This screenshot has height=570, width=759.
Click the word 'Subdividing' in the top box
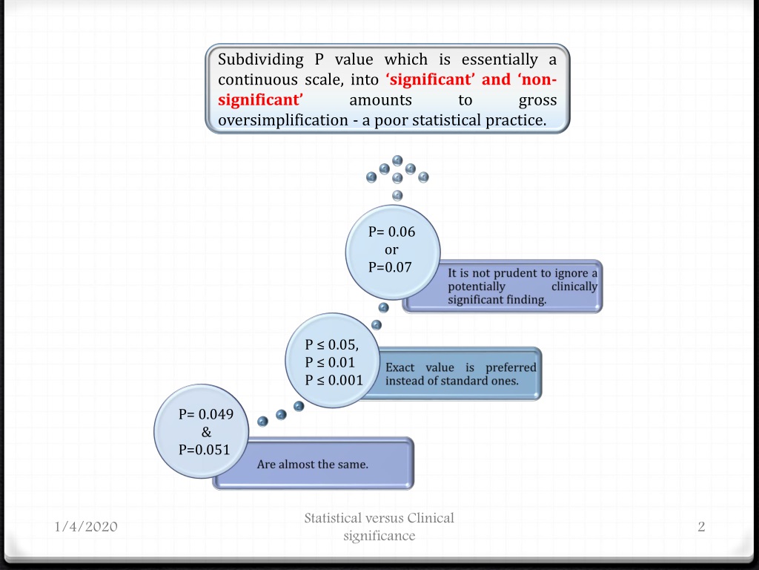click(261, 60)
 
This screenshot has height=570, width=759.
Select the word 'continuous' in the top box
click(257, 80)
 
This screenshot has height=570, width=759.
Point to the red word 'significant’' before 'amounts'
click(260, 100)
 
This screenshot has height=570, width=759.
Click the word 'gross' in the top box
click(538, 101)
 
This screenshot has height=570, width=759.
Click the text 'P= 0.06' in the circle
click(391, 232)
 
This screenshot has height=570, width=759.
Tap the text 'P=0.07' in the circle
click(390, 267)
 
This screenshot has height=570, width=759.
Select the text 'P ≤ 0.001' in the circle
click(334, 381)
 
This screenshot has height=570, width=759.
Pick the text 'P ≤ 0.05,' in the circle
click(332, 344)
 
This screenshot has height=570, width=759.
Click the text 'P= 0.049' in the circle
click(206, 414)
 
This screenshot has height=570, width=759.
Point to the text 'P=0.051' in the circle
click(205, 450)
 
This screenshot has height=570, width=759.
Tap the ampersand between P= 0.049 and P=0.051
click(206, 432)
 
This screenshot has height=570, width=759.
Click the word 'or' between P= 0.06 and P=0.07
click(391, 250)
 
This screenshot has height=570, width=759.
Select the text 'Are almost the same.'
click(313, 465)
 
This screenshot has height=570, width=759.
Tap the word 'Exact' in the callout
click(400, 367)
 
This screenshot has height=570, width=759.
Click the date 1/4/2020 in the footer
click(86, 527)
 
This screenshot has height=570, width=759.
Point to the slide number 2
click(701, 526)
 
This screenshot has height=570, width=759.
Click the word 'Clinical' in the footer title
click(431, 518)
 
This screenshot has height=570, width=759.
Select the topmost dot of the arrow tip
click(397, 160)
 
